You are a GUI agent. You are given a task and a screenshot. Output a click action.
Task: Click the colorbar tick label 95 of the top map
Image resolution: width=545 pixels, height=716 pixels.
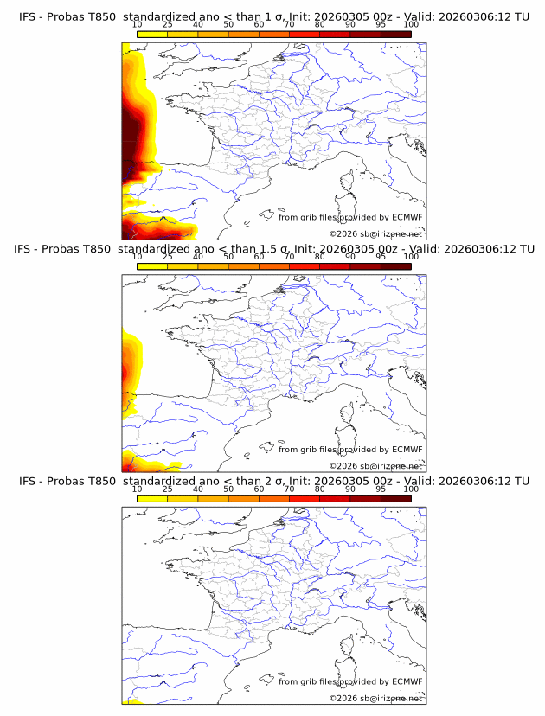(x=380, y=24)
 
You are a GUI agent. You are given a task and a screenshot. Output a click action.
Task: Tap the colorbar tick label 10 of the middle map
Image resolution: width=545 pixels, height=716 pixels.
(x=138, y=257)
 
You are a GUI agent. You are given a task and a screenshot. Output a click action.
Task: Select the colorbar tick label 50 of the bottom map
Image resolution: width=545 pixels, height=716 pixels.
(x=228, y=489)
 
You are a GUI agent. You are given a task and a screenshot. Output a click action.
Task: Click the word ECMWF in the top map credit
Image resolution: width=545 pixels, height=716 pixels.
(x=407, y=217)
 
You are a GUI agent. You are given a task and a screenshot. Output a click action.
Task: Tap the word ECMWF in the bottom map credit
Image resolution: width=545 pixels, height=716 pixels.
(x=407, y=682)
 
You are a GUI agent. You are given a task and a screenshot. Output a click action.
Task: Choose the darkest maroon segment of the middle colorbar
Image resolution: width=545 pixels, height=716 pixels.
(x=395, y=265)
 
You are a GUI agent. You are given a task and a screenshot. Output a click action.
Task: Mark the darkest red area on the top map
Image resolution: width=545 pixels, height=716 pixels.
(x=130, y=130)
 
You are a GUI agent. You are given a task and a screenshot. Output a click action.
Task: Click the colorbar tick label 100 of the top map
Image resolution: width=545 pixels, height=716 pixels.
(x=410, y=24)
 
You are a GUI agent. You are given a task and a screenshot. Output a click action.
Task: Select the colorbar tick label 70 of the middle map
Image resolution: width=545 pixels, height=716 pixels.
(x=289, y=257)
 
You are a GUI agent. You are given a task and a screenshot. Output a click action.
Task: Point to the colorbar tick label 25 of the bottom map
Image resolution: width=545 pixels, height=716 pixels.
(x=168, y=489)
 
